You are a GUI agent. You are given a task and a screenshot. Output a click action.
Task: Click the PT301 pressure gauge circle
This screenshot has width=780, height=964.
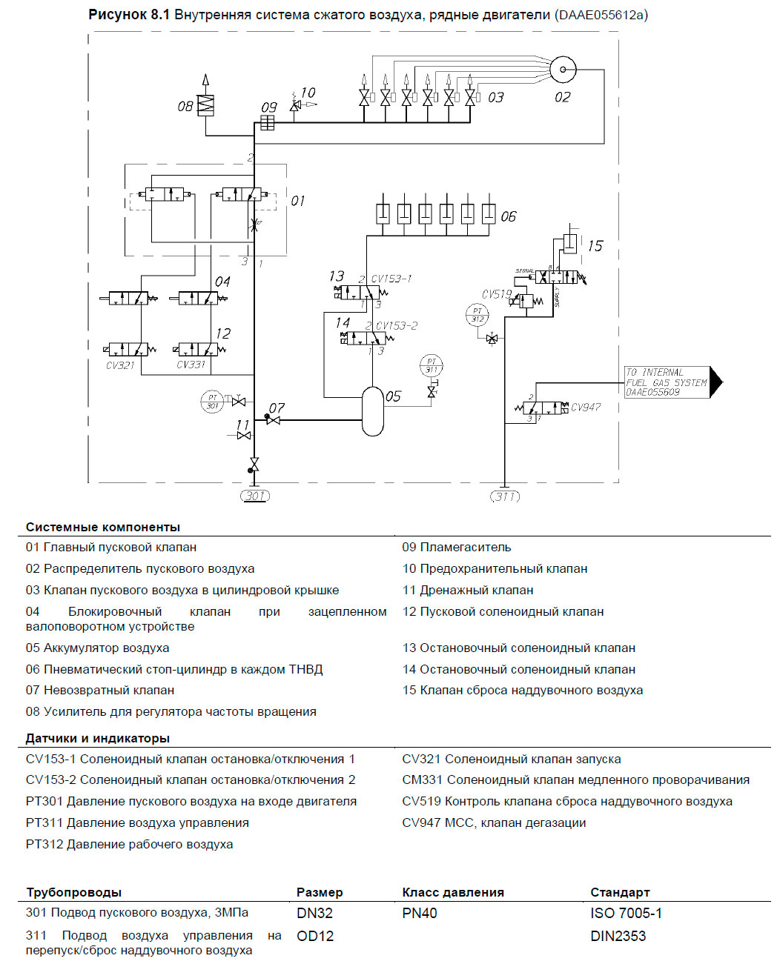(x=213, y=402)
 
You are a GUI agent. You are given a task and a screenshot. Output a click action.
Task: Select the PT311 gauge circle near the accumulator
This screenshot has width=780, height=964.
(x=431, y=365)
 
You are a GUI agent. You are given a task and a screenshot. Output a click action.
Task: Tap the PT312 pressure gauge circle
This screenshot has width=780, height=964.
(x=477, y=315)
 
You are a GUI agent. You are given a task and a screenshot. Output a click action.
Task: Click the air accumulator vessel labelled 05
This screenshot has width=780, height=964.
(x=373, y=411)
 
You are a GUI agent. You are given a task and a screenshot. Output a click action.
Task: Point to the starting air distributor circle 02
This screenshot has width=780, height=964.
(x=563, y=70)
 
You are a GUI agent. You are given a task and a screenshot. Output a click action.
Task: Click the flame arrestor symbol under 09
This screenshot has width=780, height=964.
(x=268, y=123)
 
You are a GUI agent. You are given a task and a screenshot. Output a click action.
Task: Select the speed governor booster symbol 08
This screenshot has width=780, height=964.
(x=205, y=105)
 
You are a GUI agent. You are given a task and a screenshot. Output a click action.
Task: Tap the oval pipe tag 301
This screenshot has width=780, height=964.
(x=254, y=496)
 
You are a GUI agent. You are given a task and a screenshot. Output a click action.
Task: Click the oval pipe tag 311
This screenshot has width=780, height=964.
(x=505, y=496)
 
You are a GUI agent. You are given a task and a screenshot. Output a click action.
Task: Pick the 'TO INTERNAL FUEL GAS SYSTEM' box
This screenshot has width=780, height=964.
(x=667, y=382)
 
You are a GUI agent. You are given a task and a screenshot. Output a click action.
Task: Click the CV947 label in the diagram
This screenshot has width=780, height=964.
(x=586, y=407)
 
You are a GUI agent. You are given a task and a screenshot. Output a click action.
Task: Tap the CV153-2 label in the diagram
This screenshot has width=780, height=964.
(x=397, y=325)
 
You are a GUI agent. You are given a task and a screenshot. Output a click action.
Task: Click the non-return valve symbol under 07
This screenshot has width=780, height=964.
(x=274, y=420)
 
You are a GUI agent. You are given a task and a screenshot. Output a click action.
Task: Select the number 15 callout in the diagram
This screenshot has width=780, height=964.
(x=595, y=245)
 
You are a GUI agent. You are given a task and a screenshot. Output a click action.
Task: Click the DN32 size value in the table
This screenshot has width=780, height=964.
(x=314, y=913)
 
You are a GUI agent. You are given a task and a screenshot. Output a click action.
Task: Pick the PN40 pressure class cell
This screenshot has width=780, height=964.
(x=420, y=913)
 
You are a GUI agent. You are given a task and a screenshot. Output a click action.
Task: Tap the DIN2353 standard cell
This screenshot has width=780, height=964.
(x=618, y=936)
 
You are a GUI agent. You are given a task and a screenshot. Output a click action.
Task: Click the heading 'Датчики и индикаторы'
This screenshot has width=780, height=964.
(x=98, y=738)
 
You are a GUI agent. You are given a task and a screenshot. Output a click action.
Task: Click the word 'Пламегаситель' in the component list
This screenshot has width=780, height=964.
(x=466, y=547)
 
